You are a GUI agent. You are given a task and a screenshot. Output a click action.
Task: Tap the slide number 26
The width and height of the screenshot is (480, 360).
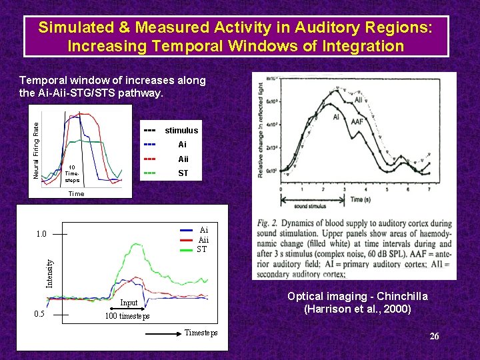tap(434, 336)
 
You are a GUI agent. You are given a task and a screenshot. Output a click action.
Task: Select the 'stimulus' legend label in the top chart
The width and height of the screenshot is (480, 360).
tap(181, 130)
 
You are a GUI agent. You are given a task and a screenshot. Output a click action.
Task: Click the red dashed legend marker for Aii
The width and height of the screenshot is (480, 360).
tap(150, 159)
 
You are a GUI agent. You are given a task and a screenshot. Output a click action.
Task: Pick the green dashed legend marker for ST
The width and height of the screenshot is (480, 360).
tap(150, 173)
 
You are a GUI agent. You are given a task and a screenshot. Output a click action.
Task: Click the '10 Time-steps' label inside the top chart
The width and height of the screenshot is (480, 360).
tap(72, 174)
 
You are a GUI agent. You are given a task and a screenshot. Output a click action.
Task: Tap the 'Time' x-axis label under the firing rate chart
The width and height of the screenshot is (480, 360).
tap(76, 194)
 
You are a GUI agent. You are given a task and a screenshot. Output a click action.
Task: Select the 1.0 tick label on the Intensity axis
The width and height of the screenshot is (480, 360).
tap(41, 234)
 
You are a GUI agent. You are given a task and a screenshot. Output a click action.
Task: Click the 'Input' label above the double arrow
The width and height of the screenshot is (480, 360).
tap(129, 303)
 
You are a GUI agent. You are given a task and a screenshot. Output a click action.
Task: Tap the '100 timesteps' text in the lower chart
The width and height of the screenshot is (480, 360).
tap(127, 315)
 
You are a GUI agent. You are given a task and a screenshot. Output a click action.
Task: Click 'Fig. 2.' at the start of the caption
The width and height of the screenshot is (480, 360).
tap(267, 223)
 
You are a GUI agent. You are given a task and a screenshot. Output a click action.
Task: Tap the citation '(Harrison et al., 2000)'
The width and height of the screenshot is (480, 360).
tap(357, 309)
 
